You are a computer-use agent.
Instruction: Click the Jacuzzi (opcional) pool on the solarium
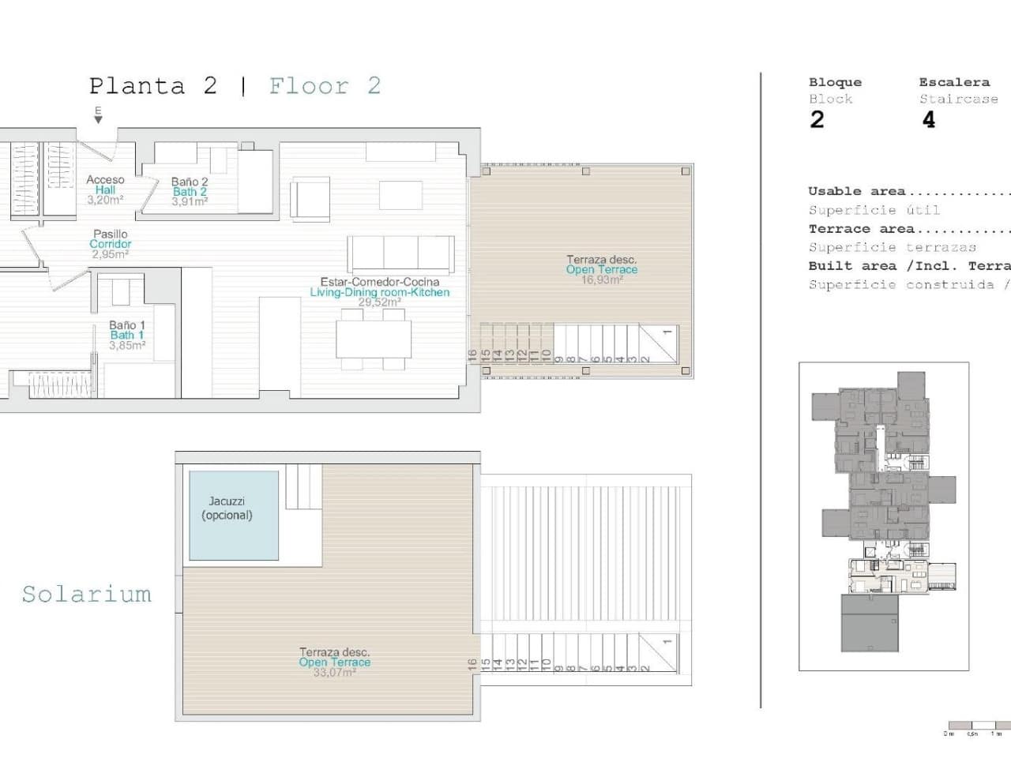coord(233,516)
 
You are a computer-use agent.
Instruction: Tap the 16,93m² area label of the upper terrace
coord(602,280)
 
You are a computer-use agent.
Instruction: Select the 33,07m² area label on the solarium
coord(334,673)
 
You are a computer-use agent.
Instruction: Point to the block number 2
coord(817,119)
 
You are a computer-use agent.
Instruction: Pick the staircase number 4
coord(929,119)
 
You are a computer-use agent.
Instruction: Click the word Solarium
coord(86,594)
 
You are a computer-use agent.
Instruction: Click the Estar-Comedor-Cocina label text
coord(379,282)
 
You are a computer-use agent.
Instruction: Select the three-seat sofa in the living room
coord(401,254)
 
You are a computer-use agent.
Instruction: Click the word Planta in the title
coord(137,85)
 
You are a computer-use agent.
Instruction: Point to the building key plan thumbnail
coord(883,516)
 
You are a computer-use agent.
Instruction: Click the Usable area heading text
coord(856,191)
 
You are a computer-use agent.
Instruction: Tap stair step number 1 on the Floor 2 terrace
coord(667,332)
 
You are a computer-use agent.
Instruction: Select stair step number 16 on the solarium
coord(472,665)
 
